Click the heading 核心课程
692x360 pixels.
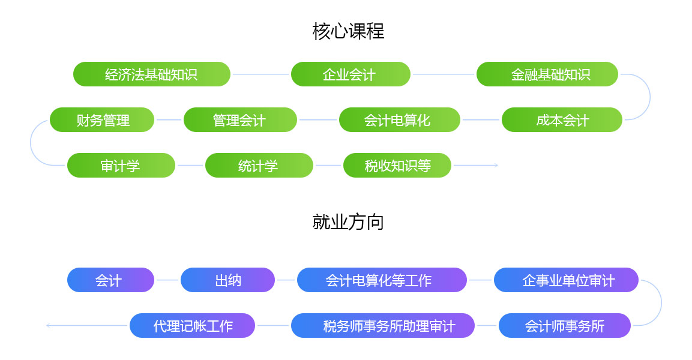pyautogui.click(x=348, y=31)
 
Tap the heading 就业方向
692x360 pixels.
pyautogui.click(x=348, y=222)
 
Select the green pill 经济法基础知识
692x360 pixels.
pyautogui.click(x=152, y=74)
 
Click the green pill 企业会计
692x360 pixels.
pyautogui.click(x=351, y=74)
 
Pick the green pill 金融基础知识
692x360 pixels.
pyautogui.click(x=547, y=74)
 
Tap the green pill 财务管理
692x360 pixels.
pyautogui.click(x=102, y=119)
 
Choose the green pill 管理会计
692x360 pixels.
pyautogui.click(x=240, y=119)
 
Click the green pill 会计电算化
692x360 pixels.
pyautogui.click(x=399, y=119)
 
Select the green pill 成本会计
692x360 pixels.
pyautogui.click(x=562, y=119)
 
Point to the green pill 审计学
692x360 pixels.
pyautogui.click(x=121, y=166)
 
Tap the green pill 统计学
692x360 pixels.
pyautogui.click(x=259, y=166)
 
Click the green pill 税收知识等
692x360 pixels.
pyautogui.click(x=397, y=166)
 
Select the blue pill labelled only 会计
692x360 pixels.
pyautogui.click(x=110, y=280)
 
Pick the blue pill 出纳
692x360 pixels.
pyautogui.click(x=227, y=280)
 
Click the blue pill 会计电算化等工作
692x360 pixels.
pyautogui.click(x=382, y=280)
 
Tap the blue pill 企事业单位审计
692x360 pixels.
pyautogui.click(x=566, y=280)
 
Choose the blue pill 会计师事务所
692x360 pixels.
pyautogui.click(x=564, y=326)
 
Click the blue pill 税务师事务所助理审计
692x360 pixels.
pyautogui.click(x=383, y=326)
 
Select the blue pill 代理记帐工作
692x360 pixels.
pyautogui.click(x=193, y=326)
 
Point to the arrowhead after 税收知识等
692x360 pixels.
pyautogui.click(x=496, y=166)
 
